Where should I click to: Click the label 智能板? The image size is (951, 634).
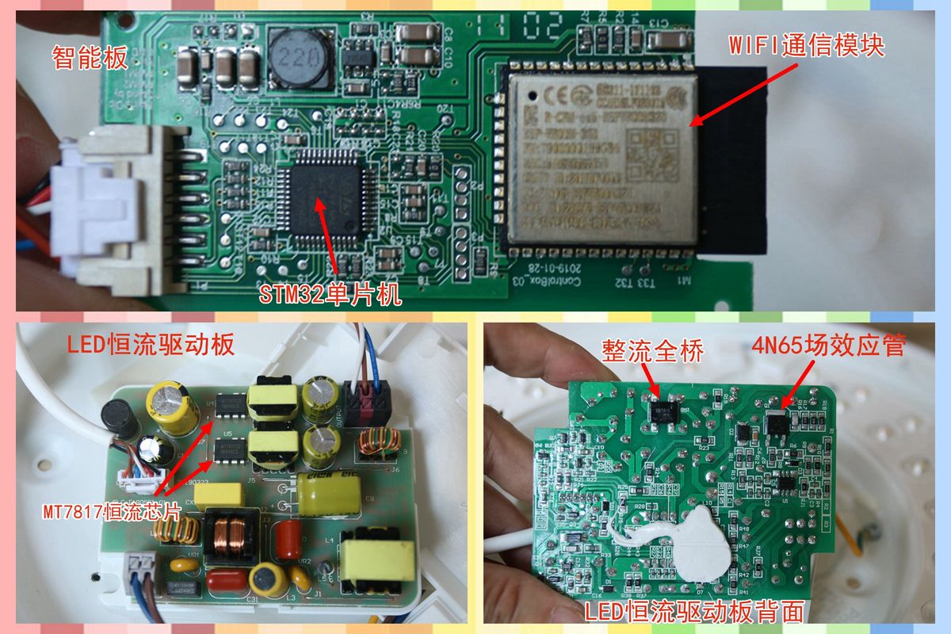click(x=89, y=57)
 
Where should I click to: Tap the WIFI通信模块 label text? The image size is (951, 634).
click(x=805, y=46)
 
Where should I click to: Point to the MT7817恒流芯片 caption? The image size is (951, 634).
click(x=110, y=510)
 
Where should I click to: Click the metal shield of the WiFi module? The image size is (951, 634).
click(x=602, y=155)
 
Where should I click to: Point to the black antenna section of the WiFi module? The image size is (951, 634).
click(x=733, y=158)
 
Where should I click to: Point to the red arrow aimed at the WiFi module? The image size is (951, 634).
click(x=741, y=94)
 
